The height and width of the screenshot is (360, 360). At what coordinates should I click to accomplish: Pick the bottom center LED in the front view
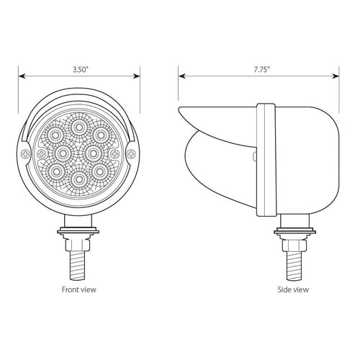pos(78,178)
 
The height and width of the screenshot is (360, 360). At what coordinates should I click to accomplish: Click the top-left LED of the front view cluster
pos(57,136)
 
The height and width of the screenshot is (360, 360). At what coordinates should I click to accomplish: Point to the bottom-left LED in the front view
pos(57,171)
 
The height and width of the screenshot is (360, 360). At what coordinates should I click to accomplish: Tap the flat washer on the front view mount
pos(78,232)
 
